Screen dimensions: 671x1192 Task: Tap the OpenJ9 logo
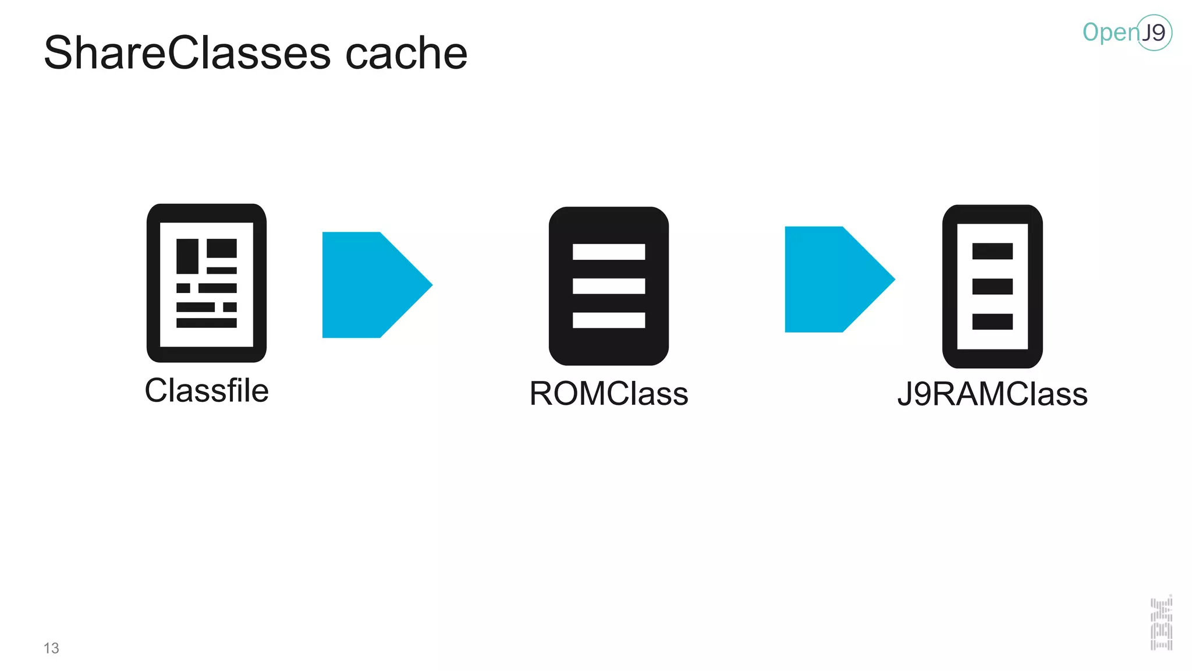1126,33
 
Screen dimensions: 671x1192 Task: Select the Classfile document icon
207,283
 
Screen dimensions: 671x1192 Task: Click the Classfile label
207,390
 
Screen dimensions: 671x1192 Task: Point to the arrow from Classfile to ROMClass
372,285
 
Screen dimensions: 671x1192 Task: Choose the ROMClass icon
609,286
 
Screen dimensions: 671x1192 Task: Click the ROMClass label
609,394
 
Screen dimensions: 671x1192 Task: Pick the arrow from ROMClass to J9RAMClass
835,280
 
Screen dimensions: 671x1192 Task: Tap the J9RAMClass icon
992,286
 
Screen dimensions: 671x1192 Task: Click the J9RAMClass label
992,394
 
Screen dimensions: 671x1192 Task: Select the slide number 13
51,648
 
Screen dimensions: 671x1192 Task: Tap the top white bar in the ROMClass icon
609,252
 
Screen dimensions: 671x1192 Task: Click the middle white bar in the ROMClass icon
609,286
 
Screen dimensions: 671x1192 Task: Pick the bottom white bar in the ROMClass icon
609,320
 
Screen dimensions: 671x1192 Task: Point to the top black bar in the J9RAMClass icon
992,251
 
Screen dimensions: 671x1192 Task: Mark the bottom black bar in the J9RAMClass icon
992,322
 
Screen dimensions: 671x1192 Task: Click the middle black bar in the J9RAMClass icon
992,287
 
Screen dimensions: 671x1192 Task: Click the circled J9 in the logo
1154,33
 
